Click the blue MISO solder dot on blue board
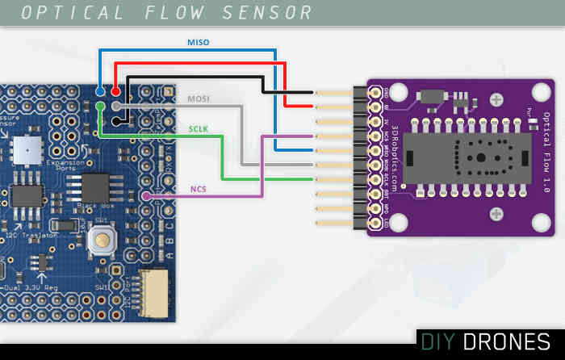100,91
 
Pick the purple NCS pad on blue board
146,196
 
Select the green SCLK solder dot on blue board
100,106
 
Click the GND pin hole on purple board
375,92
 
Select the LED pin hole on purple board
375,222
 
